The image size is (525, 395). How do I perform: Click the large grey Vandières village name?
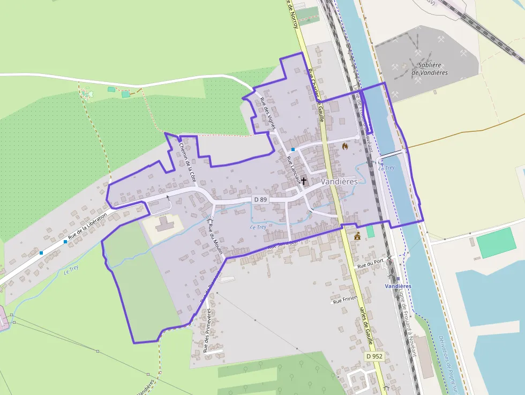click(x=339, y=182)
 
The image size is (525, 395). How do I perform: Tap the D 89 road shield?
click(x=260, y=199)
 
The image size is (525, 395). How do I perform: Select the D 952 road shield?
click(x=375, y=356)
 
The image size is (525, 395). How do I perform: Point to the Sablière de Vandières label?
click(x=430, y=69)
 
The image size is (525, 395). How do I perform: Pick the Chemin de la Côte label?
click(x=187, y=161)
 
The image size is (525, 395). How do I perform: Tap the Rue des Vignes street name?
click(x=267, y=114)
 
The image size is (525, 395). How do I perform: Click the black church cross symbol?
click(x=304, y=181)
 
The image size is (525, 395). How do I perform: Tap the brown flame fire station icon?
click(x=344, y=146)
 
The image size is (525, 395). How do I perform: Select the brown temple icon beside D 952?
click(x=357, y=235)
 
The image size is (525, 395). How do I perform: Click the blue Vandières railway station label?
click(x=398, y=286)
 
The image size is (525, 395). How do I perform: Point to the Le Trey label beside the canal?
click(x=386, y=168)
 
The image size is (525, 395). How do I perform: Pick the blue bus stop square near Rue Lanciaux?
click(x=293, y=149)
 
